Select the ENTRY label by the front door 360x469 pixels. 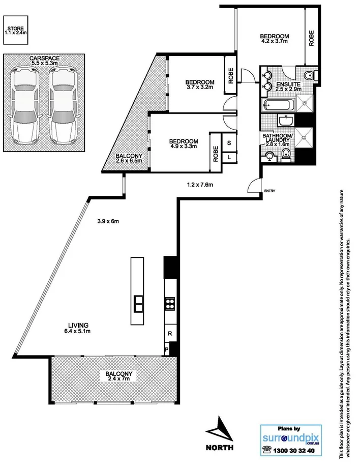pos(269,191)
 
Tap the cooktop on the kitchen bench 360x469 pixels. pos(169,303)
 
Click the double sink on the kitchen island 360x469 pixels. pos(138,303)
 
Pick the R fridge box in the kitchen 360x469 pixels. pos(169,334)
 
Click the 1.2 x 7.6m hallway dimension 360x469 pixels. pos(203,185)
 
